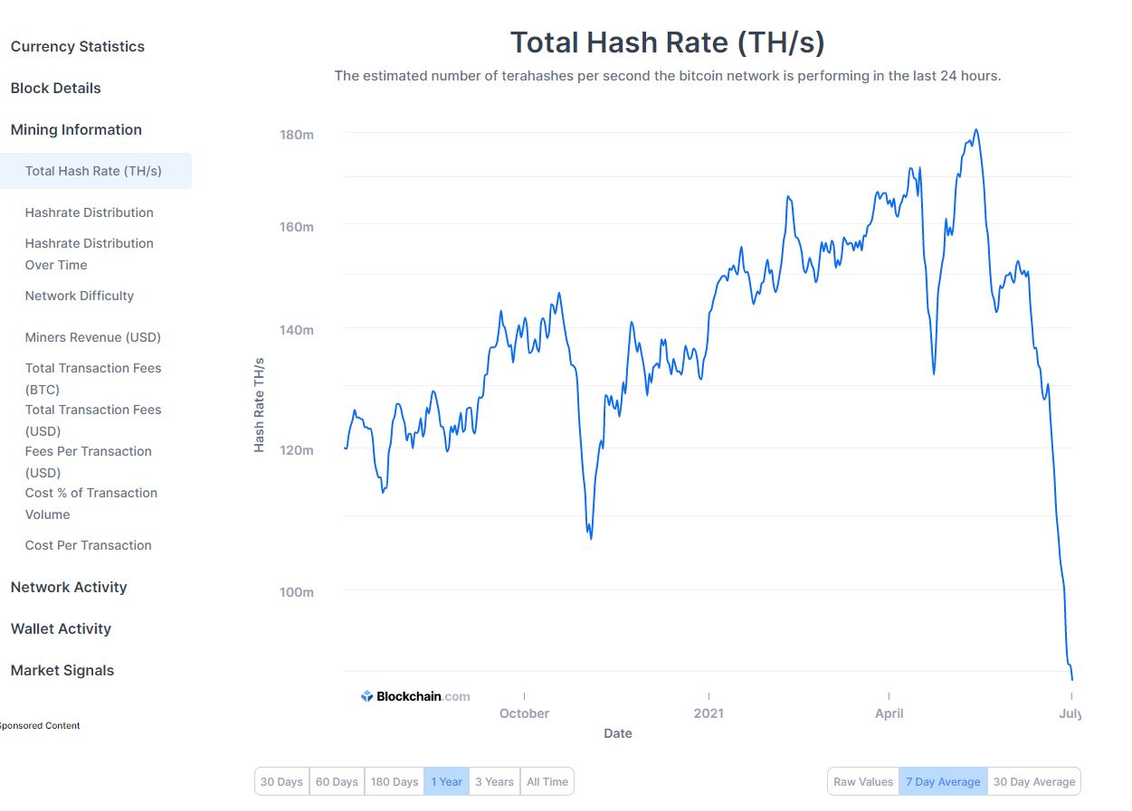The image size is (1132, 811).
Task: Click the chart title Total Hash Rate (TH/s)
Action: click(667, 42)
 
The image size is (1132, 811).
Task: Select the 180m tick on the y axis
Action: click(296, 135)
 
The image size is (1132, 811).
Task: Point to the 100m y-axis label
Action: click(296, 592)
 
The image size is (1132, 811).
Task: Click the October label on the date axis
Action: click(524, 713)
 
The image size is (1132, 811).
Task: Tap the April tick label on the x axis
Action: click(889, 713)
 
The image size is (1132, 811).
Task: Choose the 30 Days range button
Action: click(281, 781)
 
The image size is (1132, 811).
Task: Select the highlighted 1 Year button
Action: click(446, 781)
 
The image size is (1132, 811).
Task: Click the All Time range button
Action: click(547, 781)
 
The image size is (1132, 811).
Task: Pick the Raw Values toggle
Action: click(863, 781)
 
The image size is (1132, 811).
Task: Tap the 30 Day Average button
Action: click(1034, 781)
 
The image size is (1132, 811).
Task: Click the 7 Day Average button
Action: click(943, 781)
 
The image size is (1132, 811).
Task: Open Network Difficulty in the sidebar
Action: click(80, 296)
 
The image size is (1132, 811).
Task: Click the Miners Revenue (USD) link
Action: click(93, 337)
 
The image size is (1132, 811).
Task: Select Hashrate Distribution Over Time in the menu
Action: click(90, 254)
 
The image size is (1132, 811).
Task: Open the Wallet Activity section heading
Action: click(61, 628)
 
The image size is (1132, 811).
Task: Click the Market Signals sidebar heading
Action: click(62, 670)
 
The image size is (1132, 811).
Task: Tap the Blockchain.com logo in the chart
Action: click(416, 696)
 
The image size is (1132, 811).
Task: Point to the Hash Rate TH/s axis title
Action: click(259, 404)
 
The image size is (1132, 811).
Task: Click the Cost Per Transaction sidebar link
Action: click(89, 545)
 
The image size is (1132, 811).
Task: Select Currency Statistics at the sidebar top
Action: click(78, 46)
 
